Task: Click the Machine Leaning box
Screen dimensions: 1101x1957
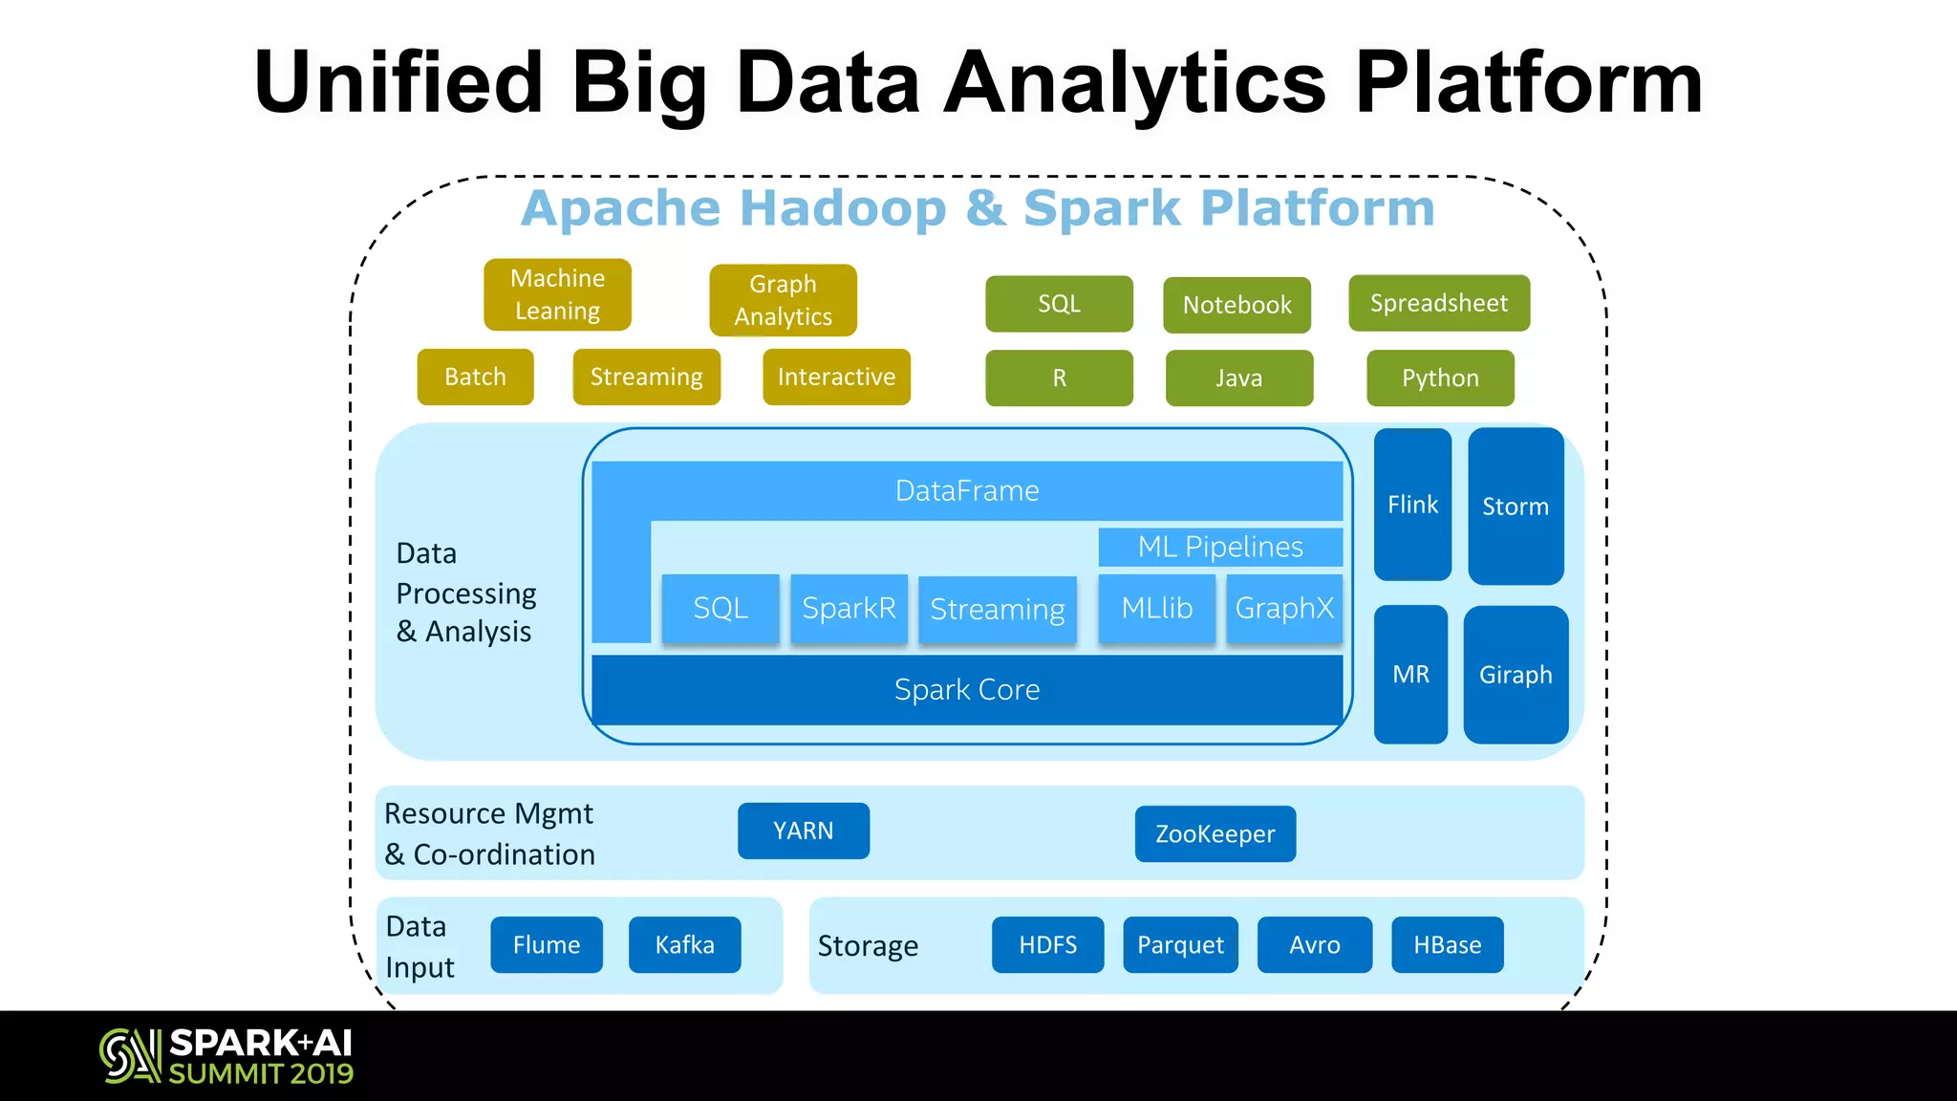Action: click(557, 294)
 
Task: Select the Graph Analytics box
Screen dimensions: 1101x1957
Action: click(783, 300)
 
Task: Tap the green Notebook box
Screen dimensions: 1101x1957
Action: click(1237, 305)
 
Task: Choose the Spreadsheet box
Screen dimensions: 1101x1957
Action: click(1438, 303)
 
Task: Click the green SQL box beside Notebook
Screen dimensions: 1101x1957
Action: click(1059, 304)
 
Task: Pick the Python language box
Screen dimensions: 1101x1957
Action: click(1439, 378)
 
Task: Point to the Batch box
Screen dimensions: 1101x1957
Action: click(475, 377)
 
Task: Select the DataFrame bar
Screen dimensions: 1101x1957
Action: click(966, 490)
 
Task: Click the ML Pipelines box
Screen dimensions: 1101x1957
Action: click(1219, 547)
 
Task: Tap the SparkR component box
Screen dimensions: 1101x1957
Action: click(849, 608)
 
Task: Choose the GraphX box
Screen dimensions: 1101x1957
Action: click(1283, 608)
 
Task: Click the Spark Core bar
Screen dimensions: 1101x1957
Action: click(966, 689)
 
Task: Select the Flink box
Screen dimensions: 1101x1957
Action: click(1412, 504)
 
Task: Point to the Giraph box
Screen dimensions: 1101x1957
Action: click(1515, 675)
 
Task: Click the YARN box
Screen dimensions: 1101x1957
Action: click(803, 831)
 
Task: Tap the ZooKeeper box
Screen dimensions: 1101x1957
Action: click(1215, 833)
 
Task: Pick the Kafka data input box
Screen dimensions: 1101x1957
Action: click(684, 944)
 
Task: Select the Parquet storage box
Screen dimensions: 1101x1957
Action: click(1180, 944)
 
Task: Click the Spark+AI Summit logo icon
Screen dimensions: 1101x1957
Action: click(130, 1055)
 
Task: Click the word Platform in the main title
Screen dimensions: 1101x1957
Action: click(1529, 84)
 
